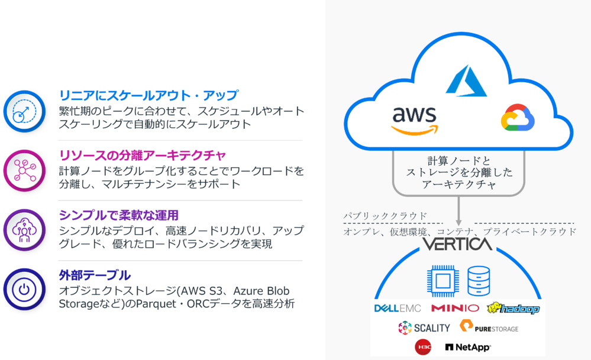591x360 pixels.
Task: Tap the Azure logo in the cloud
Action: (x=466, y=82)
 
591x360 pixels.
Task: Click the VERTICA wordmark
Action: (x=457, y=244)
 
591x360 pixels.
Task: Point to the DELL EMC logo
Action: (x=398, y=308)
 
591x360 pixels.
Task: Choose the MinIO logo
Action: (x=455, y=308)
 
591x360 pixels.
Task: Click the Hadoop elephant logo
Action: (x=513, y=308)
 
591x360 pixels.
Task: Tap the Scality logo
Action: (x=424, y=327)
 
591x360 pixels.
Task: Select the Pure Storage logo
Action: (x=489, y=328)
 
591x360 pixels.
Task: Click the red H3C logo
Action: (x=423, y=347)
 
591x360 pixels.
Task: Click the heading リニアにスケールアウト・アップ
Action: (x=148, y=95)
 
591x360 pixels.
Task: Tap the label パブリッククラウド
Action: (x=385, y=216)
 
